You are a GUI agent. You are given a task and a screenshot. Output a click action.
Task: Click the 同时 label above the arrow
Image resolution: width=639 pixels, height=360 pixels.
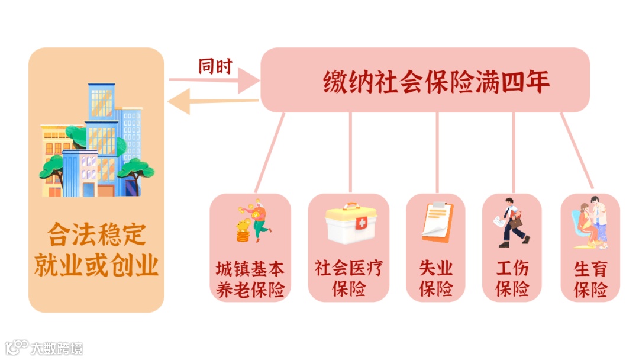215,66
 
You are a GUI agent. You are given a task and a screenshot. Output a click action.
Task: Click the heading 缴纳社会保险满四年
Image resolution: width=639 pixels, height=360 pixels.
437,82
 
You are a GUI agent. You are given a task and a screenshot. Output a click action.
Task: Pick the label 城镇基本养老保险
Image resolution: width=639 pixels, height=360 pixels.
250,278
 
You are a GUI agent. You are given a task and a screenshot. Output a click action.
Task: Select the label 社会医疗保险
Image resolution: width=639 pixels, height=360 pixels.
348,278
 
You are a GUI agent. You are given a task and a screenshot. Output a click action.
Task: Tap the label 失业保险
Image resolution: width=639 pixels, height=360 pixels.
436,278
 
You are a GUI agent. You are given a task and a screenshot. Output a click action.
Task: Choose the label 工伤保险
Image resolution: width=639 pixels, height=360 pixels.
512,278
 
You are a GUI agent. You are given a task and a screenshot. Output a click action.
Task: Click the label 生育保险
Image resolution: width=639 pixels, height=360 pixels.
590,278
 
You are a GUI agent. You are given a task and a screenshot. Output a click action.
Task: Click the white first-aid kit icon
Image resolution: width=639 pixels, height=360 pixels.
351,223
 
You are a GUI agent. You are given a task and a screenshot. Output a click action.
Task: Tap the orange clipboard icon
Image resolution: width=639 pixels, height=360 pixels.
437,221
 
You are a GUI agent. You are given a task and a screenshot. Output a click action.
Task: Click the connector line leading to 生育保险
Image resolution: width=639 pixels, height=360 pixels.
577,150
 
